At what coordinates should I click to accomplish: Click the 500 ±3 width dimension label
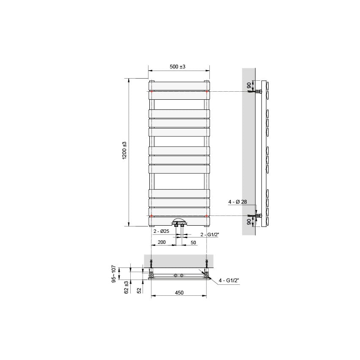[178, 67]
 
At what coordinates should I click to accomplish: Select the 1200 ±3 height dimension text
[124, 151]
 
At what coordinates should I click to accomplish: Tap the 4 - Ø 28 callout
[237, 202]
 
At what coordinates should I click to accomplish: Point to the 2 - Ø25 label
[161, 232]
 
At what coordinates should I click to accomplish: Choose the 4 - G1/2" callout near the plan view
[229, 280]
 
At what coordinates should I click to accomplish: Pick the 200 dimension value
[161, 243]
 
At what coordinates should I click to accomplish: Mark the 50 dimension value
[193, 243]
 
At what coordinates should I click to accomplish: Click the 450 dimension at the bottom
[179, 293]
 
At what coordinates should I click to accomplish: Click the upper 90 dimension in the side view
[249, 85]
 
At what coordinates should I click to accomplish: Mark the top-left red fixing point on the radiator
[151, 91]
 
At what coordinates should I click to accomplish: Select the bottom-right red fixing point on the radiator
[206, 216]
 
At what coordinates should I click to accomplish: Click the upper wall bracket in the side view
[257, 91]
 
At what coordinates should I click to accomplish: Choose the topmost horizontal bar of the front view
[179, 85]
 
